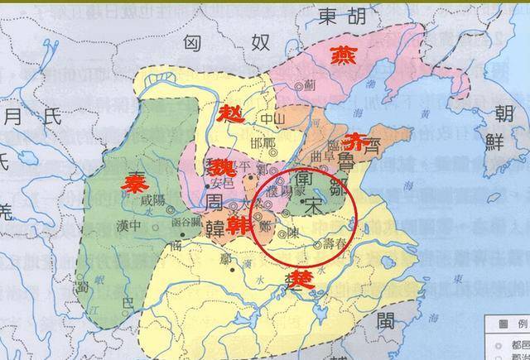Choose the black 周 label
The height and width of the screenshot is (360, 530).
214,200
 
